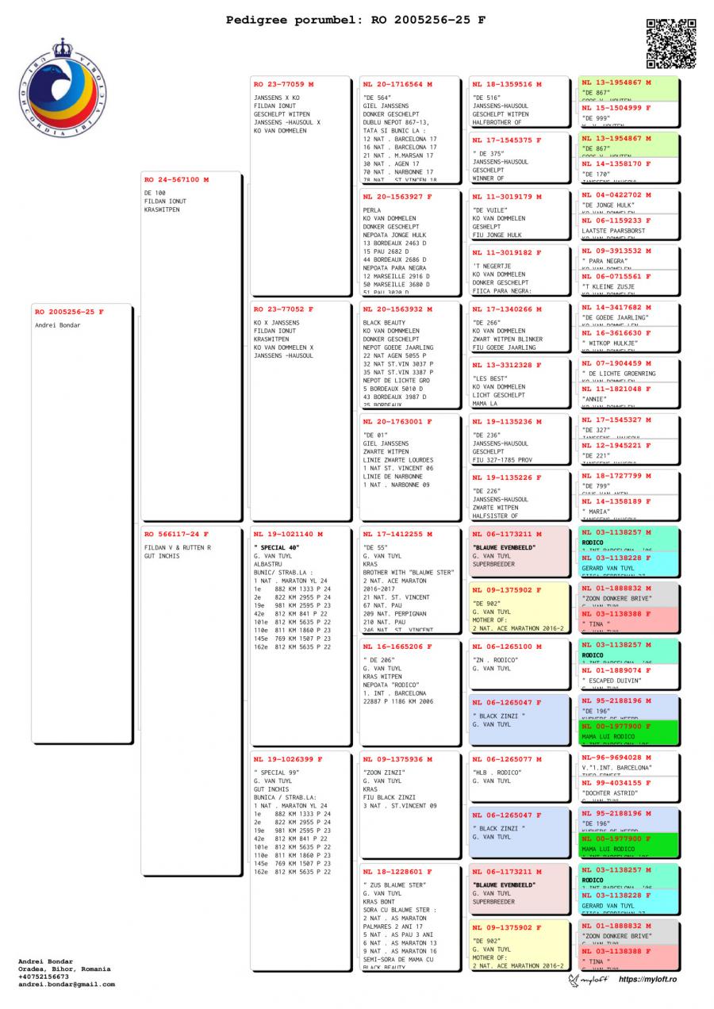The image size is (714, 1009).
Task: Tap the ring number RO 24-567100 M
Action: (176, 180)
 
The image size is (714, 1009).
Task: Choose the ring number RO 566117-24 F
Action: (176, 534)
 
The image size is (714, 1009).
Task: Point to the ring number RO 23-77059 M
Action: (283, 83)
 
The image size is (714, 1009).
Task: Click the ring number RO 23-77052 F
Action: (283, 309)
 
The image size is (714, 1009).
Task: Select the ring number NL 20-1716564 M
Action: (397, 83)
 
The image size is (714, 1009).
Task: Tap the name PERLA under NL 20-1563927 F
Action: (372, 210)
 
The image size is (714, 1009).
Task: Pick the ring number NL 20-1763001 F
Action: (397, 422)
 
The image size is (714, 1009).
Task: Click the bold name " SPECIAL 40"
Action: (277, 548)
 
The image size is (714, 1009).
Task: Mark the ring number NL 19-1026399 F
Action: (288, 759)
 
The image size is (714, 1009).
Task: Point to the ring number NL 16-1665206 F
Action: (397, 646)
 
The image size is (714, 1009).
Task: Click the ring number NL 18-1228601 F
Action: (397, 872)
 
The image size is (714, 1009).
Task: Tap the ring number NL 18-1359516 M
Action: (507, 83)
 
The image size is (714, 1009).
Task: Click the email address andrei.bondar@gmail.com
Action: (67, 984)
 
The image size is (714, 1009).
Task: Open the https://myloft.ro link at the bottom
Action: (647, 980)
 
